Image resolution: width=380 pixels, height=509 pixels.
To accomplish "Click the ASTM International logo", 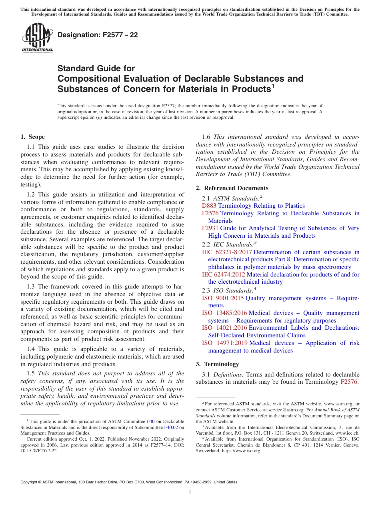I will click(37, 38).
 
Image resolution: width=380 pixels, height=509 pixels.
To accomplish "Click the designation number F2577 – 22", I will click(98, 35).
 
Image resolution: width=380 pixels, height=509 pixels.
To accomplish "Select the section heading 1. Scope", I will click(32, 137).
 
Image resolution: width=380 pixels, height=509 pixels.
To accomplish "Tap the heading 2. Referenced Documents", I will click(232, 188).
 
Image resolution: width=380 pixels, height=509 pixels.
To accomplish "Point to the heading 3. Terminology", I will click(217, 364).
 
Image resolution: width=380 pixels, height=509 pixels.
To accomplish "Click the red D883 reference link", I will click(209, 206).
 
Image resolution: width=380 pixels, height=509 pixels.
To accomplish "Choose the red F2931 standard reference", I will click(210, 228).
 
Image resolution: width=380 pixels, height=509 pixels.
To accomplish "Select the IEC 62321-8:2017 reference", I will click(227, 252).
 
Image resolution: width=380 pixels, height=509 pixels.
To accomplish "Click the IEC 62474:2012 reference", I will click(224, 275).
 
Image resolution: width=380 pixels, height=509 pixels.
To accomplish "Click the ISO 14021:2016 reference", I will click(224, 328).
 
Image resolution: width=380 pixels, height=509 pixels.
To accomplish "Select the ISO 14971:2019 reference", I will click(224, 343).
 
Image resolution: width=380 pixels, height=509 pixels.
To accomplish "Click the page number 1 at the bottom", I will click(190, 492).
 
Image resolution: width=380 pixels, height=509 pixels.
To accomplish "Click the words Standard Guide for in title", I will click(96, 68).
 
